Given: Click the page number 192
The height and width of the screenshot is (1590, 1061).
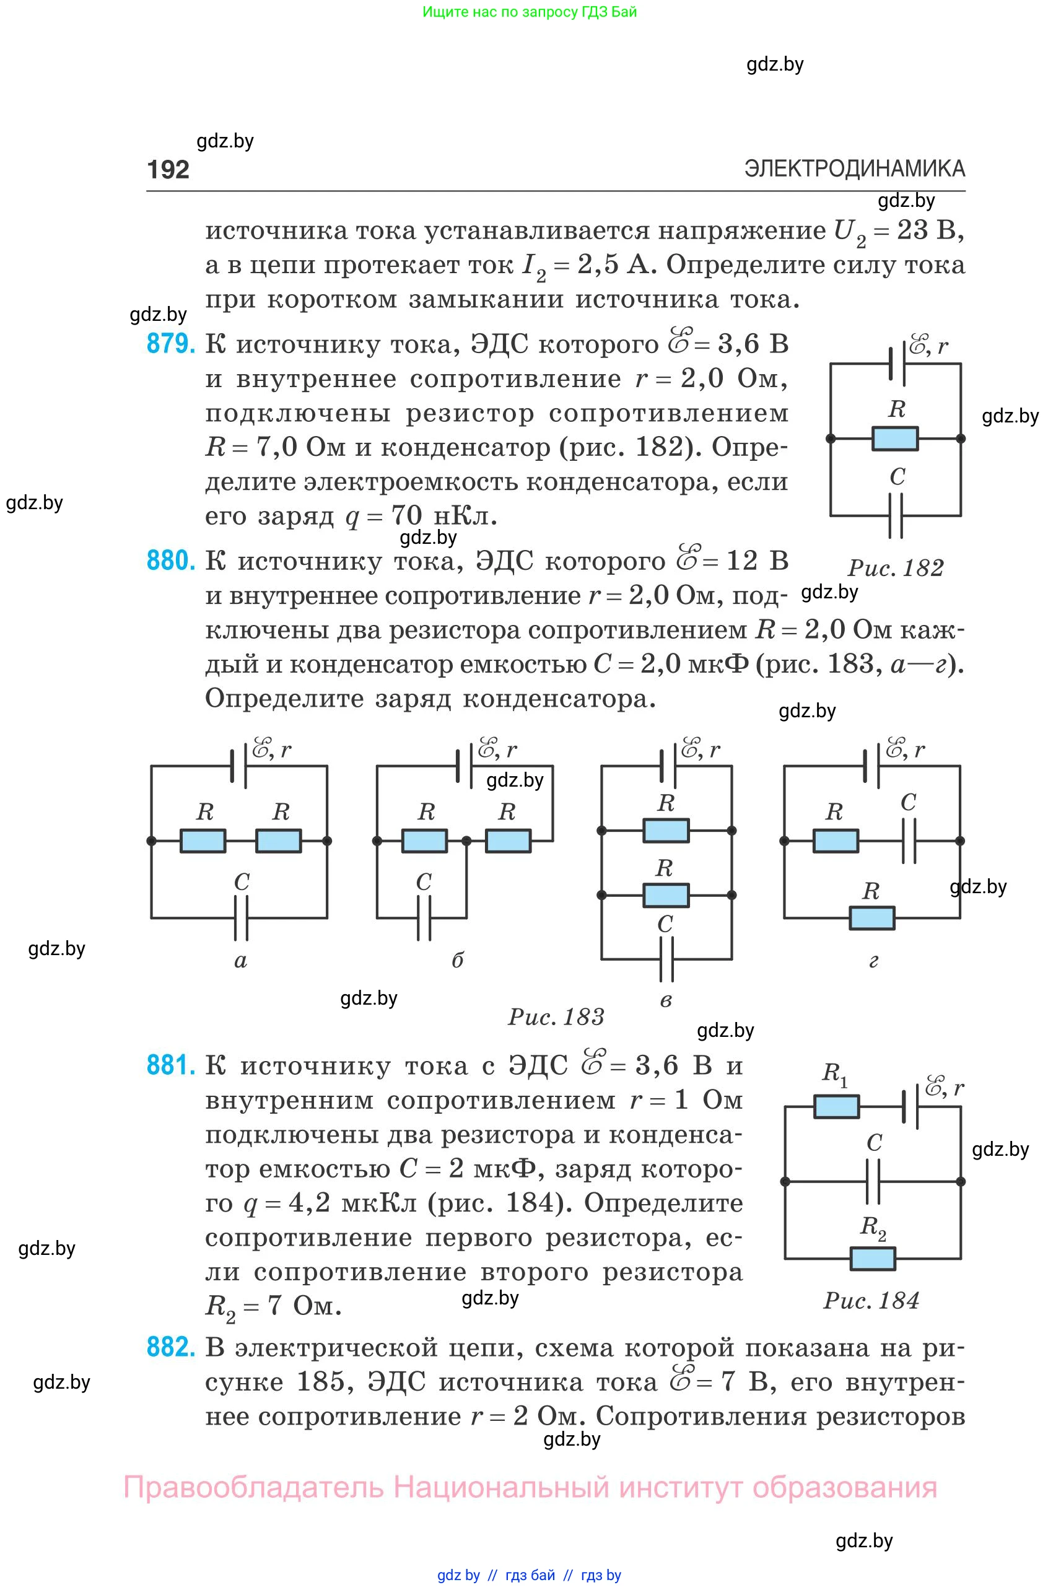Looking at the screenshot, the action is [168, 169].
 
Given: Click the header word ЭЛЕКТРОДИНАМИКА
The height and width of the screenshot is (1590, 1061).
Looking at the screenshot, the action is [855, 168].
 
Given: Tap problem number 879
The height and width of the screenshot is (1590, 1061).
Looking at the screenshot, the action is [170, 344].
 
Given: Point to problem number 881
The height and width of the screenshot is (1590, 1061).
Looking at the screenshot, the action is [170, 1065].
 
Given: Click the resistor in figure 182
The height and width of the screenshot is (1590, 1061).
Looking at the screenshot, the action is [895, 439].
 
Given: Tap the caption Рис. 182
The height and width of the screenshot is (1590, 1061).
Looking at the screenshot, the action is [896, 567].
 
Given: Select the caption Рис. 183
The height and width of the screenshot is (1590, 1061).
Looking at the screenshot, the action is [556, 1017].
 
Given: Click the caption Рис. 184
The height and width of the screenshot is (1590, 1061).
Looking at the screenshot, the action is [871, 1300].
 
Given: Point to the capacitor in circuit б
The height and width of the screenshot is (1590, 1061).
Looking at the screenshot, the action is [424, 918].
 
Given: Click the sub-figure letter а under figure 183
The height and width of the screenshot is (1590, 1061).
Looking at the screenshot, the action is [241, 961].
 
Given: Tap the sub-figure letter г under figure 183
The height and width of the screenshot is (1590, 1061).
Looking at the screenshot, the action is [873, 961].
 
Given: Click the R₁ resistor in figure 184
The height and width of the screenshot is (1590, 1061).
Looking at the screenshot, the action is [836, 1107].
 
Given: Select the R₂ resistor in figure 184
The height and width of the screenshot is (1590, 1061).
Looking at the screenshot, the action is [873, 1259].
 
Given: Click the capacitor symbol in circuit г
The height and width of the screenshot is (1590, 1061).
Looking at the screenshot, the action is [909, 841].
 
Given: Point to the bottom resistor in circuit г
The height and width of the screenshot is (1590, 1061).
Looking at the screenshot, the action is [872, 918].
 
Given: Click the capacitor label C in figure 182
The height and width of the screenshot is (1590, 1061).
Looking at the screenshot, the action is [897, 476].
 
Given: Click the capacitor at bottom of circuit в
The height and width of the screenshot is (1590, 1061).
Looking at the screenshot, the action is [666, 959].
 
